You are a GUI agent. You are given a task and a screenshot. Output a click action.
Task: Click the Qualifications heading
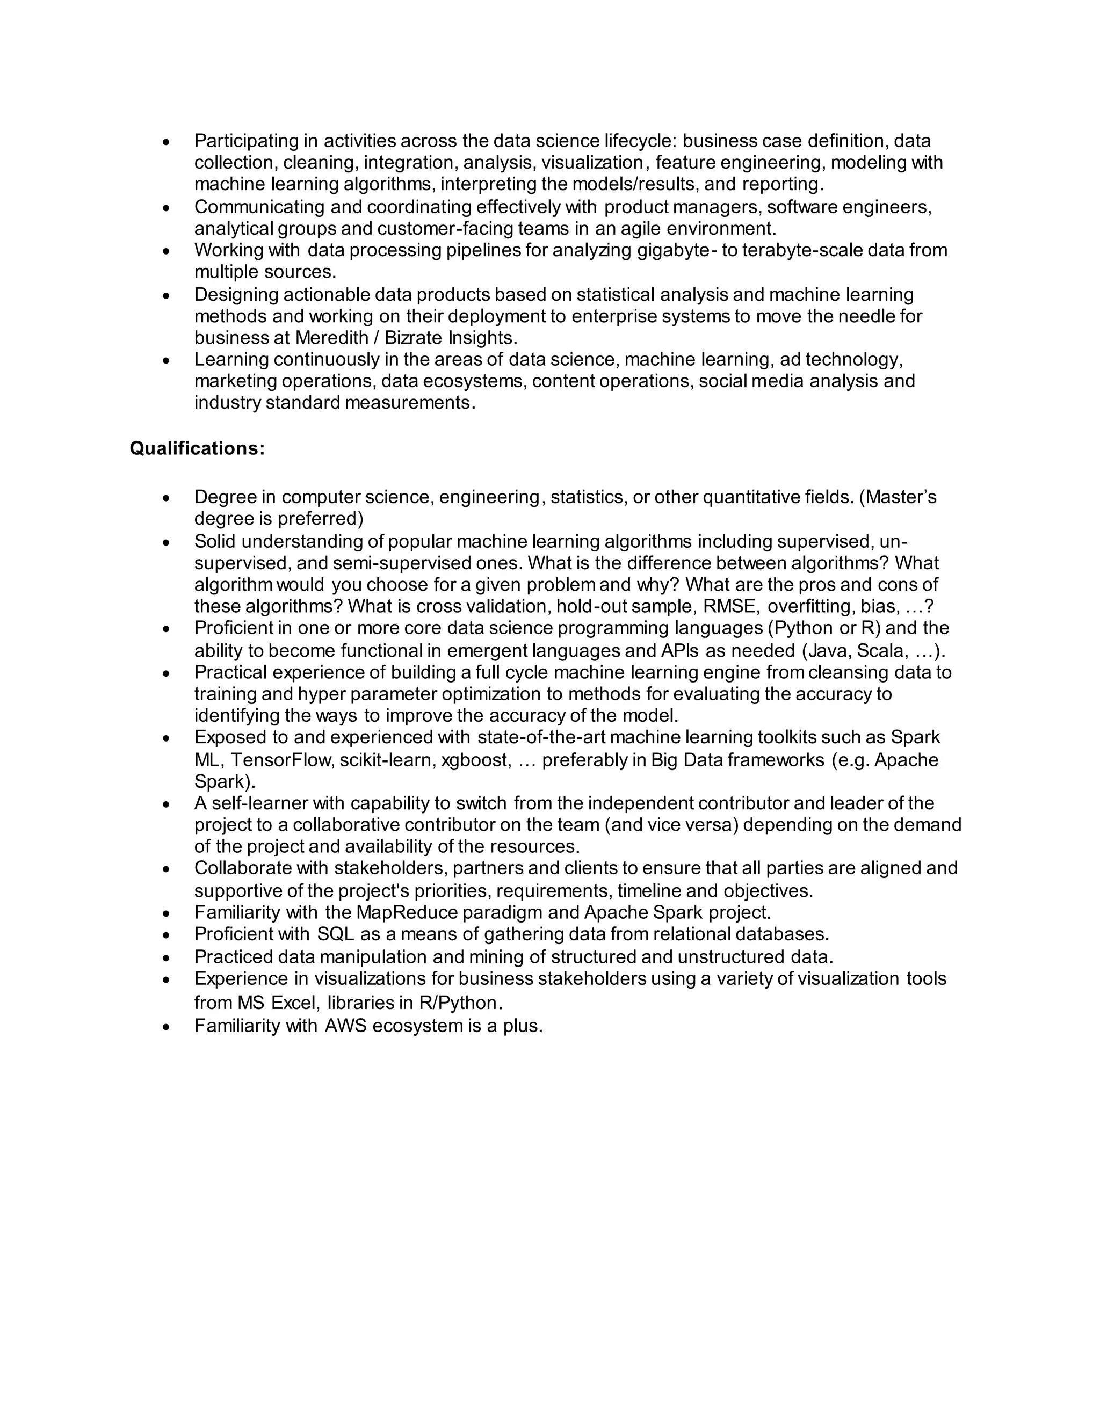tap(197, 448)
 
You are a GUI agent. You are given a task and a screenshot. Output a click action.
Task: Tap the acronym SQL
tap(336, 934)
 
